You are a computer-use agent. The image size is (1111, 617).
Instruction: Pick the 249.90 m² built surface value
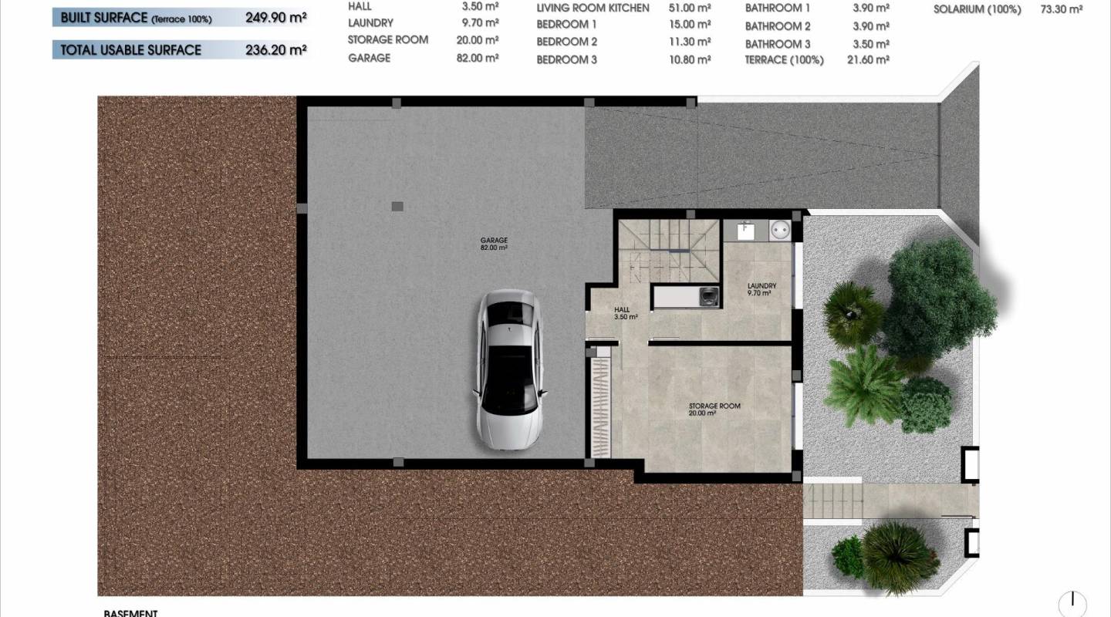tap(275, 17)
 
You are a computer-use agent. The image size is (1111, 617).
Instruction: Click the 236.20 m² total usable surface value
tap(275, 49)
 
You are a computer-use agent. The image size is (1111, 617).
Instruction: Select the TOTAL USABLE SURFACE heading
tap(131, 49)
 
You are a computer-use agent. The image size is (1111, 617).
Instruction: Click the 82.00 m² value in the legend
tap(477, 58)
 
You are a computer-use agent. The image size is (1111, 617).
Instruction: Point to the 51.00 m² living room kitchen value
tap(689, 8)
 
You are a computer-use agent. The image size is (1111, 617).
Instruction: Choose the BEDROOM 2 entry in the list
tap(566, 42)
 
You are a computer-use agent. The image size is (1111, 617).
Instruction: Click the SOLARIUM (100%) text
tap(977, 9)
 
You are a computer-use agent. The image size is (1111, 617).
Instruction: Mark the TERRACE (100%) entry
tap(784, 59)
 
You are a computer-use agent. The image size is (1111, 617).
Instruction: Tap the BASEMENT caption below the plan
tap(130, 613)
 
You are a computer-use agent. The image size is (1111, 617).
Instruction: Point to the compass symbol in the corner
tap(1072, 604)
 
